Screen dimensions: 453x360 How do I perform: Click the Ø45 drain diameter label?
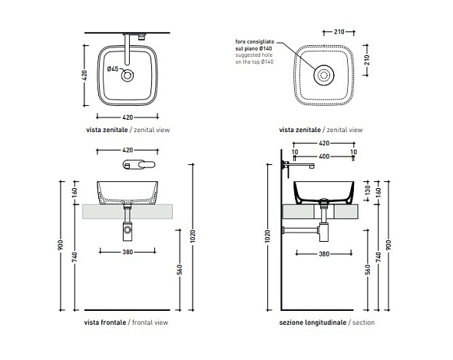pyautogui.click(x=113, y=69)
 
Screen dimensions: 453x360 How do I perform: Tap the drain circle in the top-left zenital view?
pyautogui.click(x=127, y=76)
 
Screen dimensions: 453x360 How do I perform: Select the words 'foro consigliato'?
pyautogui.click(x=254, y=41)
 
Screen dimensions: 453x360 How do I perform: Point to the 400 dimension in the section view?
pyautogui.click(x=324, y=157)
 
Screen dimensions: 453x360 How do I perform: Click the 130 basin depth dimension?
pyautogui.click(x=367, y=190)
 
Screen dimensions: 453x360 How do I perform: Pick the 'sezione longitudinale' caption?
pyautogui.click(x=312, y=322)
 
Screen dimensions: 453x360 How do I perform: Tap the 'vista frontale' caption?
pyautogui.click(x=105, y=322)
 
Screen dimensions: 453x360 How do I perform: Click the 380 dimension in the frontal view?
pyautogui.click(x=127, y=252)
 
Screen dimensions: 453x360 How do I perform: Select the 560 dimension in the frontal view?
pyautogui.click(x=180, y=269)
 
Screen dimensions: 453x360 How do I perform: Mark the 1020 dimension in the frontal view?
pyautogui.click(x=193, y=236)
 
